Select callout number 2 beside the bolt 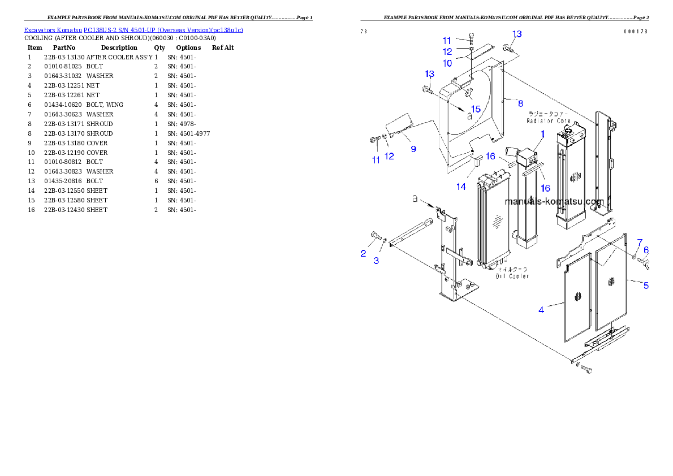pyautogui.click(x=363, y=253)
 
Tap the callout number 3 pyautogui.click(x=376, y=261)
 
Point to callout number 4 pyautogui.click(x=541, y=310)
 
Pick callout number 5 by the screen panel pyautogui.click(x=646, y=285)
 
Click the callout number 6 pyautogui.click(x=646, y=250)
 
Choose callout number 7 pyautogui.click(x=640, y=243)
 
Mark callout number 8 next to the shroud pyautogui.click(x=520, y=103)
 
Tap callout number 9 pyautogui.click(x=413, y=149)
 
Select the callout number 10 pyautogui.click(x=447, y=63)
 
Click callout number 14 pyautogui.click(x=461, y=186)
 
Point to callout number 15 pyautogui.click(x=475, y=109)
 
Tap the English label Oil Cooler pyautogui.click(x=513, y=276)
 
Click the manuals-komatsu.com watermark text pyautogui.click(x=554, y=202)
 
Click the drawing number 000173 pyautogui.click(x=636, y=32)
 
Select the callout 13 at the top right pyautogui.click(x=517, y=34)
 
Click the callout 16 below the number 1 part pyautogui.click(x=545, y=188)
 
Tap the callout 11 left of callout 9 pyautogui.click(x=376, y=160)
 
